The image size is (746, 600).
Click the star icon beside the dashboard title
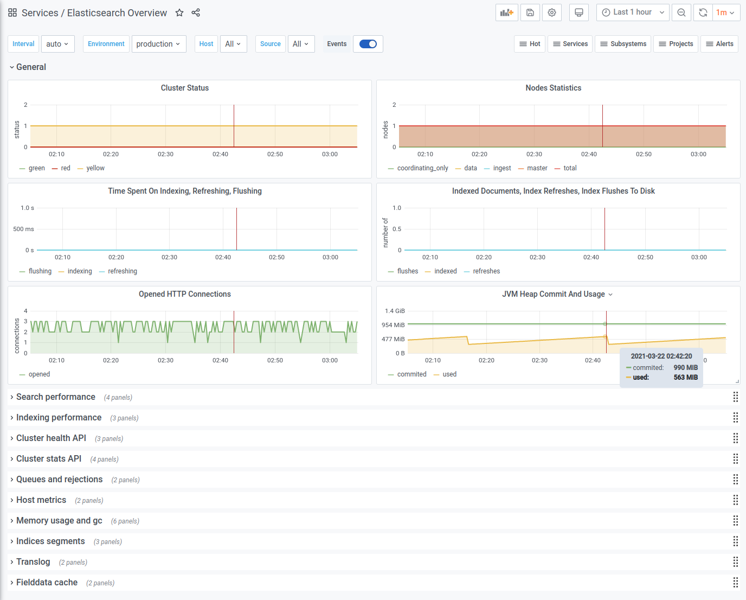tap(179, 13)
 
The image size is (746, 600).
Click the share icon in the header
tap(196, 13)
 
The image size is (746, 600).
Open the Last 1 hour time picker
tap(633, 12)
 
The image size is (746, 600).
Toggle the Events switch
tap(368, 44)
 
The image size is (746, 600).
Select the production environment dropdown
tap(159, 44)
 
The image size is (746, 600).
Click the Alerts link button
tap(719, 44)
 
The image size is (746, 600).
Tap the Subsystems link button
tap(623, 44)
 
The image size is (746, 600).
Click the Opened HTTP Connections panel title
tap(185, 294)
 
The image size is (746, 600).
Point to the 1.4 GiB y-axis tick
tap(395, 311)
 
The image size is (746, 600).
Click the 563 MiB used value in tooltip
tap(686, 378)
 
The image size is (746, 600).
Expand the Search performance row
tap(56, 397)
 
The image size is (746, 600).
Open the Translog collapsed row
tap(33, 562)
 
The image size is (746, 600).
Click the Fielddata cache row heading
tap(47, 583)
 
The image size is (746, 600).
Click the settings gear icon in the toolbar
tap(552, 13)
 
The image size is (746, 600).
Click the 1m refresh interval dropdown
tap(725, 13)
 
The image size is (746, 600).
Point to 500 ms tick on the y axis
tap(23, 229)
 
